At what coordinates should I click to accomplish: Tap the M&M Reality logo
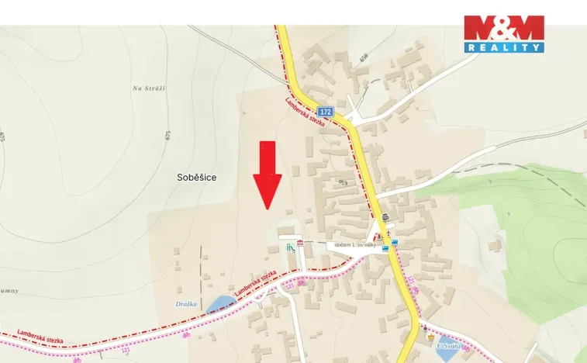(x=504, y=33)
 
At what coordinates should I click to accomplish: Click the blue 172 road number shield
(x=325, y=112)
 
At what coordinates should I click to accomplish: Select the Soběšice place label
(x=196, y=178)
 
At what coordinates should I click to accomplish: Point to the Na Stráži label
(x=150, y=88)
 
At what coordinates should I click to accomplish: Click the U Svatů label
(x=448, y=346)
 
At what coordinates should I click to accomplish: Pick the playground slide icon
(x=290, y=247)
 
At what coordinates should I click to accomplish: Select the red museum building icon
(x=300, y=244)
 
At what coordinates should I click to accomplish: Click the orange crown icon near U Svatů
(x=431, y=337)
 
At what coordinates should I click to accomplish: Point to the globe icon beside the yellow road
(x=385, y=218)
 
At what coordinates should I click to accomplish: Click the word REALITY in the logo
(x=504, y=47)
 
